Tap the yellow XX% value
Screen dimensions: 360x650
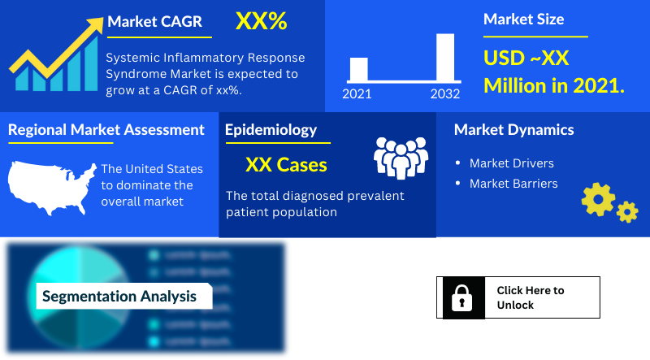click(x=261, y=22)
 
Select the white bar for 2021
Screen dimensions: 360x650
click(x=358, y=69)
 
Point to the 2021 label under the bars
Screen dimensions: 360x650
click(x=357, y=94)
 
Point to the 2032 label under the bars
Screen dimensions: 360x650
click(x=445, y=94)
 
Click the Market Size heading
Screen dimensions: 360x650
click(x=523, y=20)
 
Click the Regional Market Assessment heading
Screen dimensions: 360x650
click(x=106, y=130)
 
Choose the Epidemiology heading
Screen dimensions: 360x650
click(x=271, y=130)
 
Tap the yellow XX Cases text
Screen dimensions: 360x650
click(x=286, y=165)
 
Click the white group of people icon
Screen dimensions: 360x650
click(x=400, y=157)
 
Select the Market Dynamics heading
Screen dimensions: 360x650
click(x=513, y=130)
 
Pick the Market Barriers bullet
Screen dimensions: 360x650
click(x=513, y=184)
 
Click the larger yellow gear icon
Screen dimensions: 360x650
click(x=598, y=198)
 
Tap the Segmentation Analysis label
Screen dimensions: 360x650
click(x=119, y=296)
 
